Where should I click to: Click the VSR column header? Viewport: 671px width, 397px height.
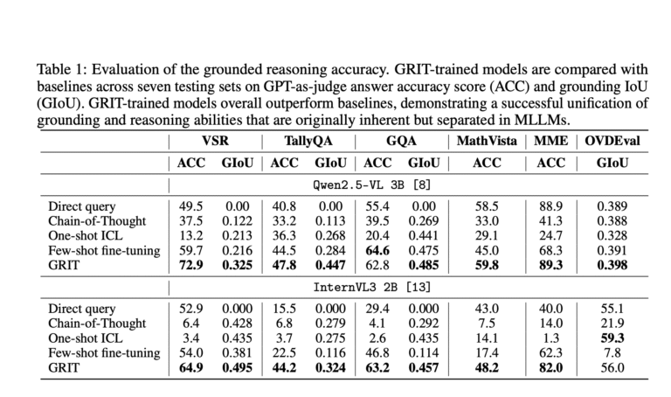[x=215, y=141]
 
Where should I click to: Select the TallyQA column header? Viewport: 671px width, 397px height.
[x=308, y=142]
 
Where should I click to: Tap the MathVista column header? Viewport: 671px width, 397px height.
[x=487, y=141]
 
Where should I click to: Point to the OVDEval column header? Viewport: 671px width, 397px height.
[x=612, y=141]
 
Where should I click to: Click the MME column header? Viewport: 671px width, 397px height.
[x=550, y=141]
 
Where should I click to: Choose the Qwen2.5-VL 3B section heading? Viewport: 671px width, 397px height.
[x=371, y=185]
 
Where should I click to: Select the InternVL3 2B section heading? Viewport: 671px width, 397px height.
[x=371, y=287]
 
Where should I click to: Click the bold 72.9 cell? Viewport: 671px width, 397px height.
[x=190, y=265]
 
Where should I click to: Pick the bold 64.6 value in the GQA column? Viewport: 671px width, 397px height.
[x=377, y=251]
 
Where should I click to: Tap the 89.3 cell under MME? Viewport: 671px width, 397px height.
[x=550, y=265]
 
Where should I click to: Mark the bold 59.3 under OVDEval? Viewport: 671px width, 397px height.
[x=612, y=338]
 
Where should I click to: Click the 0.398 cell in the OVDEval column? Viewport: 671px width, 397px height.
[x=612, y=265]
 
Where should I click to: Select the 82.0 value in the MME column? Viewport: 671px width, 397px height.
[x=550, y=368]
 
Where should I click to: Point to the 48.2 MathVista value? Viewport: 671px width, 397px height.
[x=487, y=368]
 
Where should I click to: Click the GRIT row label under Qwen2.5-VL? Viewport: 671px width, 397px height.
[x=64, y=265]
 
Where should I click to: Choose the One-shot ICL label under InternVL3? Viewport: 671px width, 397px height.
[x=85, y=338]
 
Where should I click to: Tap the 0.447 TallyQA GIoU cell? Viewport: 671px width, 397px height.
[x=330, y=265]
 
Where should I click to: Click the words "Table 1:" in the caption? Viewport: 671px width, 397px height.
[x=62, y=69]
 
